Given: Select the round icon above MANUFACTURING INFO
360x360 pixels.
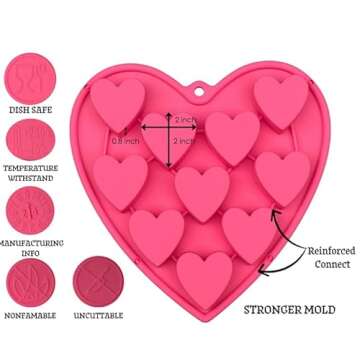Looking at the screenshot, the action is pyautogui.click(x=30, y=211).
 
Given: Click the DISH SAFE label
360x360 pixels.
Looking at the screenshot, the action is pyautogui.click(x=30, y=109).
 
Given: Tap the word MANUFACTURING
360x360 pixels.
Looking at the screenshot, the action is pyautogui.click(x=32, y=242).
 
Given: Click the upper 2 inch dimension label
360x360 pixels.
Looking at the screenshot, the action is pyautogui.click(x=185, y=120).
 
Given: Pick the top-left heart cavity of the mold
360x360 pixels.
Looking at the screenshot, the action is pyautogui.click(x=118, y=99).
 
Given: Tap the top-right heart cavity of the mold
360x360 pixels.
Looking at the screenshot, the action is pyautogui.click(x=280, y=98).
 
